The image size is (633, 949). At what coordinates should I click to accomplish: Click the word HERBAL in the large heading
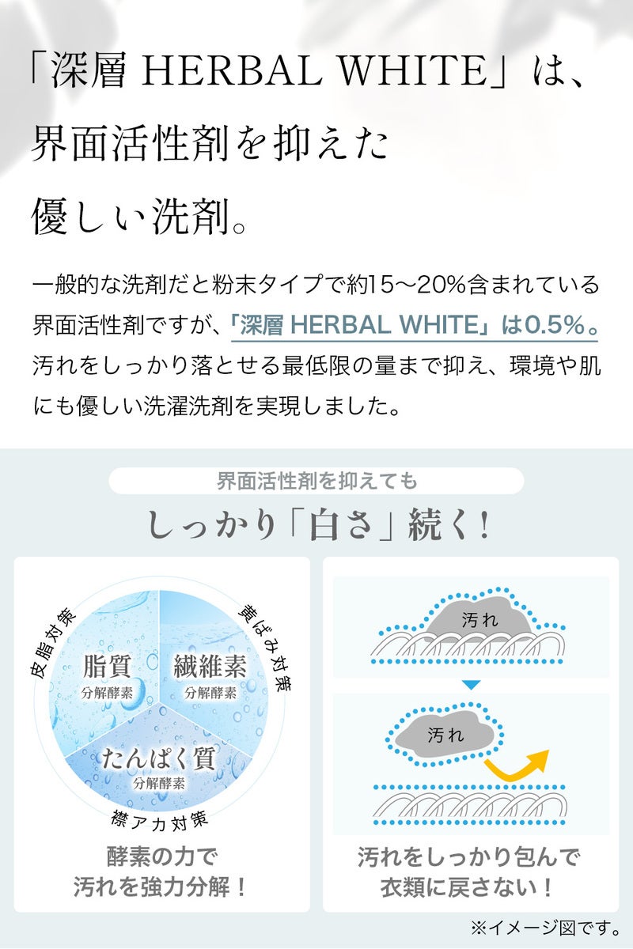point(232,70)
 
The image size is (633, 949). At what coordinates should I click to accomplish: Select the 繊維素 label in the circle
point(210,666)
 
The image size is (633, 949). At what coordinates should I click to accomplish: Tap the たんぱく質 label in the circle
point(158,758)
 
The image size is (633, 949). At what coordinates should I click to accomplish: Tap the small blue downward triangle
point(471,684)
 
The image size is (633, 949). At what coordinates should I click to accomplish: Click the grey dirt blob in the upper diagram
point(479,618)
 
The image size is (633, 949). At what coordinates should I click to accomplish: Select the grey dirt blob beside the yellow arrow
point(443,734)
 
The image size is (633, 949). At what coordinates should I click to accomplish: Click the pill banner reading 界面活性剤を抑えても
point(316,481)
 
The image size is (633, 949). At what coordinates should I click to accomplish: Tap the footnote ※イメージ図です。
point(545,928)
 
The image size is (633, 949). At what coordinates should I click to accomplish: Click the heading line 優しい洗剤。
point(138,217)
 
